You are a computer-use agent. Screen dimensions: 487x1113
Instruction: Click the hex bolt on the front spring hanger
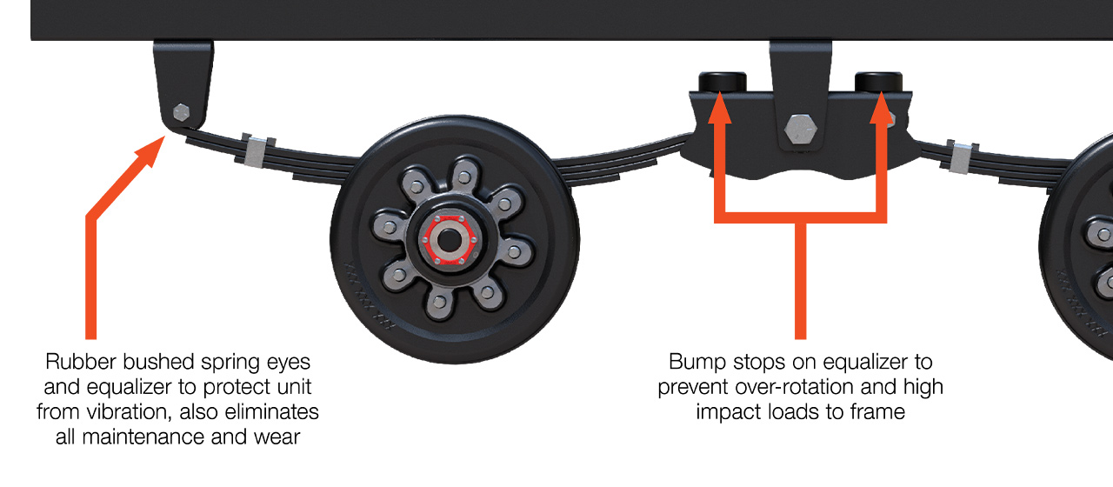[x=182, y=112]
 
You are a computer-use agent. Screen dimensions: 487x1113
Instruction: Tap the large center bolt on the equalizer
[x=800, y=130]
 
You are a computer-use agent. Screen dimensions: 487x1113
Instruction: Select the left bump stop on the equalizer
[x=723, y=82]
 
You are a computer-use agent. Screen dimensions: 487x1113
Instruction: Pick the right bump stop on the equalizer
[x=878, y=82]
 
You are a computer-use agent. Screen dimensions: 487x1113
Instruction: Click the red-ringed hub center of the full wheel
[x=447, y=236]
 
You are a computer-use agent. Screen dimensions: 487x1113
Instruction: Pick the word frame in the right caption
[x=879, y=411]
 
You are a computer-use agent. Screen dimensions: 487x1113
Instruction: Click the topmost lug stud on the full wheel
[x=464, y=177]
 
